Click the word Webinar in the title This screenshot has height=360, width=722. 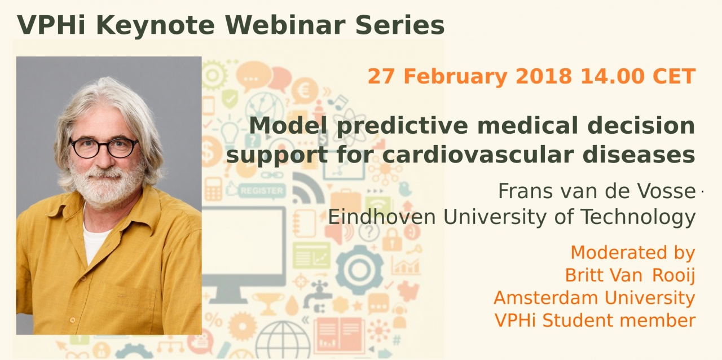(286, 25)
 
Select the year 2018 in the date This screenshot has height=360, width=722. (543, 76)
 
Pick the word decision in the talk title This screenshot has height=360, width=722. (641, 125)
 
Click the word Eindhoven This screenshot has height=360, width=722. (382, 217)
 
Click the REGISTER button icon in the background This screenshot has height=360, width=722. (261, 191)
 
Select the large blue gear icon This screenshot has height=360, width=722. (359, 270)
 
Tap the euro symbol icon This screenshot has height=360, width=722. (304, 92)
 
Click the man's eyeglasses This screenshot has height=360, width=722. (104, 148)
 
